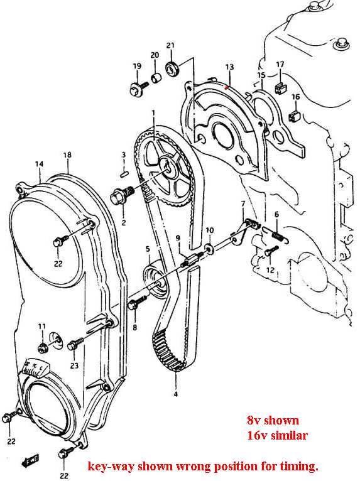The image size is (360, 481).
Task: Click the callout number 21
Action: [171, 45]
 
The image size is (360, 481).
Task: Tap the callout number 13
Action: [229, 67]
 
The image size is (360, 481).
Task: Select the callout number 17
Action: [280, 65]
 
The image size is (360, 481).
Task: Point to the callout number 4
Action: [175, 394]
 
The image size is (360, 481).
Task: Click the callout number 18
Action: [67, 154]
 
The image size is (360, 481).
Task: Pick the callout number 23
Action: [75, 365]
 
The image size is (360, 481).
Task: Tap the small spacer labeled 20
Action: [156, 77]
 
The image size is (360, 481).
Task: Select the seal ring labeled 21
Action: [173, 68]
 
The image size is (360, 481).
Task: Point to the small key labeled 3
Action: [124, 174]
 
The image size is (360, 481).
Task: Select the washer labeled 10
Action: [210, 247]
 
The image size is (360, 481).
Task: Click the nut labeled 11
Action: [42, 348]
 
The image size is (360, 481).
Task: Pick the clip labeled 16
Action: [293, 116]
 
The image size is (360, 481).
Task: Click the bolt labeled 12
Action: [270, 251]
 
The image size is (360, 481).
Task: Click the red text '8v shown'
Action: [273, 420]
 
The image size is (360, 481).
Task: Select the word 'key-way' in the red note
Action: [111, 467]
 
